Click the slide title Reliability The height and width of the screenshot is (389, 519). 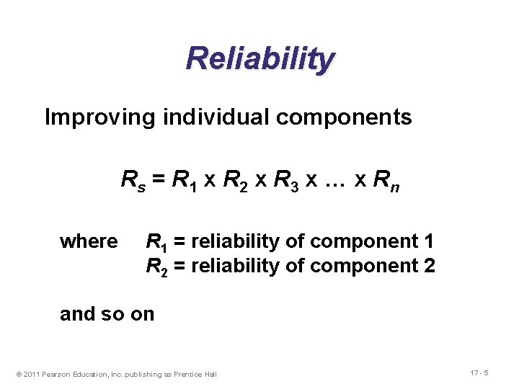(259, 59)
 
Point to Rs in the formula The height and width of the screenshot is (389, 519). (132, 179)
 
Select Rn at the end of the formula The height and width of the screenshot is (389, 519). (386, 179)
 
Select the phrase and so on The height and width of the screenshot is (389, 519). (107, 314)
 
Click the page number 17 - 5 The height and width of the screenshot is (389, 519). (479, 373)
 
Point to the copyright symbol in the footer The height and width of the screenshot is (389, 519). (19, 374)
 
